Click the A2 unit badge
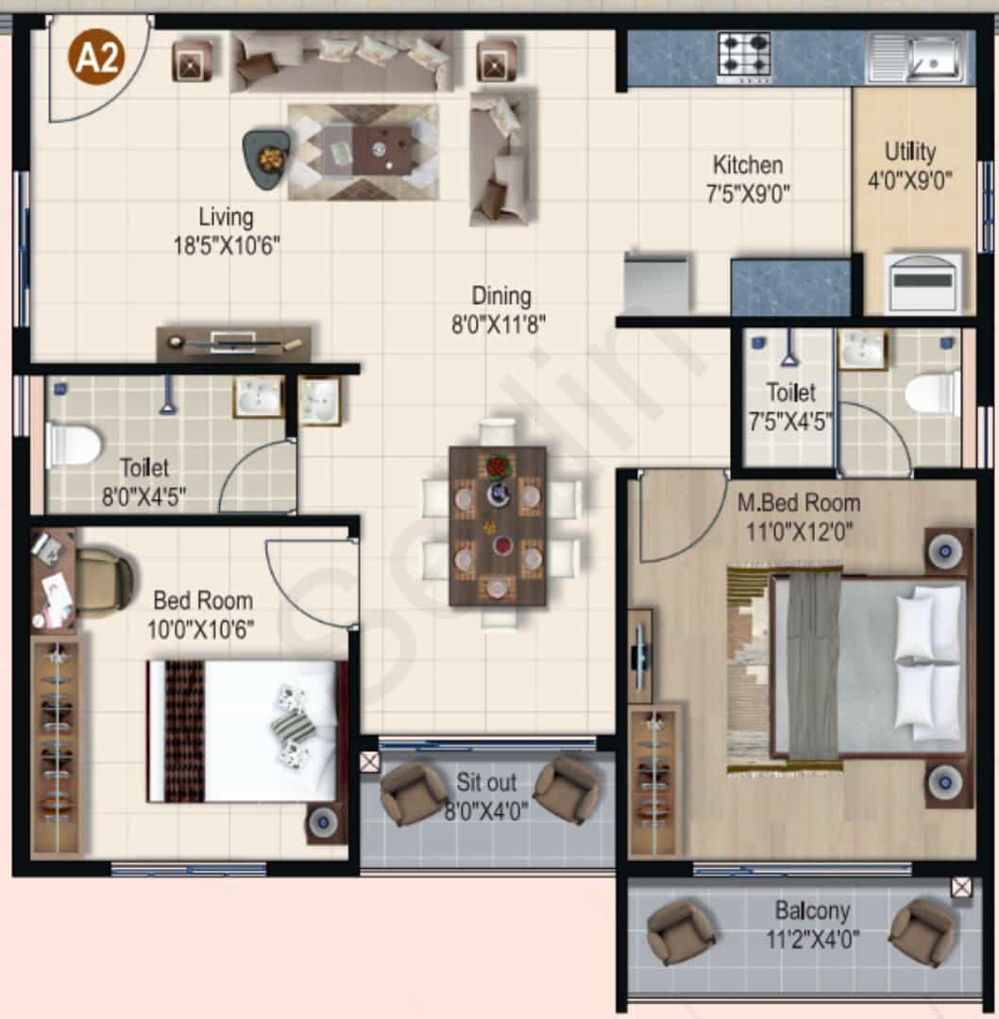point(96,58)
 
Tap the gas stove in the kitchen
point(744,57)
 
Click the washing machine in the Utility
point(923,282)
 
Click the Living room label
point(226,217)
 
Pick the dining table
point(498,526)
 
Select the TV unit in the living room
point(234,342)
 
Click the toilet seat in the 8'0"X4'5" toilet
point(73,445)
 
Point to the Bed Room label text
point(203,600)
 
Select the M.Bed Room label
point(799,503)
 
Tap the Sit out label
point(486,782)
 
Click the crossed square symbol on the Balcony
point(961,887)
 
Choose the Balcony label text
point(812,910)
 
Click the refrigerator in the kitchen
point(655,283)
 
